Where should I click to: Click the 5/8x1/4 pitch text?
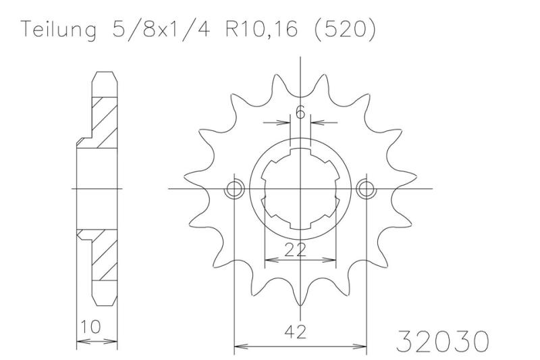161,30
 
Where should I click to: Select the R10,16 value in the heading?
261,30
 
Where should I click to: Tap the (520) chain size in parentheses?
345,30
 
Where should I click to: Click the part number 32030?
443,341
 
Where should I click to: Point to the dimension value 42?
296,332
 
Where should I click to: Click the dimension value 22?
296,249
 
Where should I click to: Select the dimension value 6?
300,112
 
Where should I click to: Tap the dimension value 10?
91,326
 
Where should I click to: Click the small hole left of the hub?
234,189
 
